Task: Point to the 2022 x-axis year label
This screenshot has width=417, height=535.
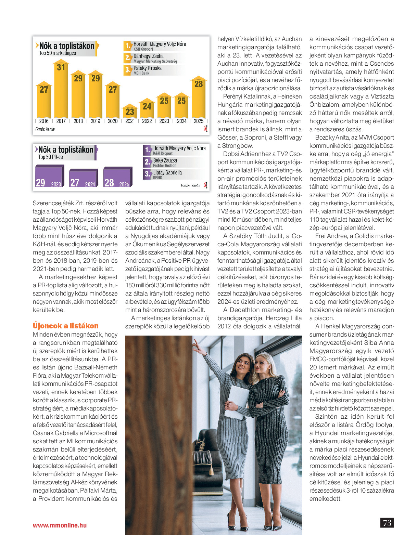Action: tap(147, 121)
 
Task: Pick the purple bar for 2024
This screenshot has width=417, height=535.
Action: tap(83, 179)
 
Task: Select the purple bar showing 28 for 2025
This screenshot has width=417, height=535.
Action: tap(117, 178)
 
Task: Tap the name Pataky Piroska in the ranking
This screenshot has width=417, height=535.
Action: tap(148, 68)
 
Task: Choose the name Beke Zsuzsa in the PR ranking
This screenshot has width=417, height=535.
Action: tap(165, 160)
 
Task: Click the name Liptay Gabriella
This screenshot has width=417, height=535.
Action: tap(167, 173)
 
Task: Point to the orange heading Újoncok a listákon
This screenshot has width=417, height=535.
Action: tap(66, 326)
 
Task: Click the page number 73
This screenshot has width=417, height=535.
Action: tap(387, 523)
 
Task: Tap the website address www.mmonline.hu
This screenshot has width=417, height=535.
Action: tap(60, 525)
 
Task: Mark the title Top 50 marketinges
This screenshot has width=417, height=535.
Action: tap(58, 53)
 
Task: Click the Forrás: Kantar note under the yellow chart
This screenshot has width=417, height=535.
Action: tap(45, 129)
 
